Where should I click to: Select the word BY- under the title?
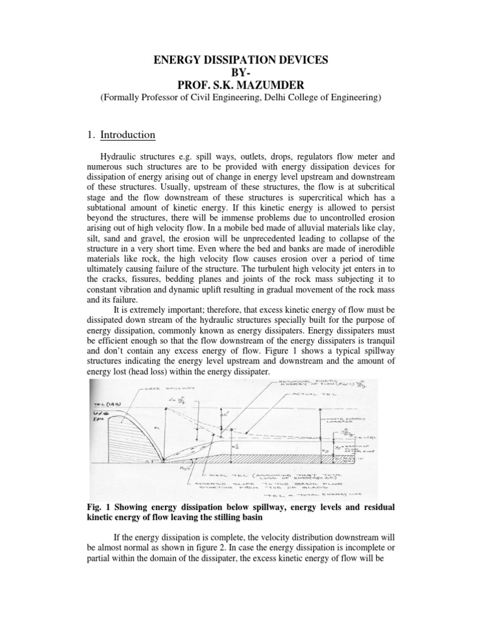(241, 72)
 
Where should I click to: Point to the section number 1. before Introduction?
(89, 134)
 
